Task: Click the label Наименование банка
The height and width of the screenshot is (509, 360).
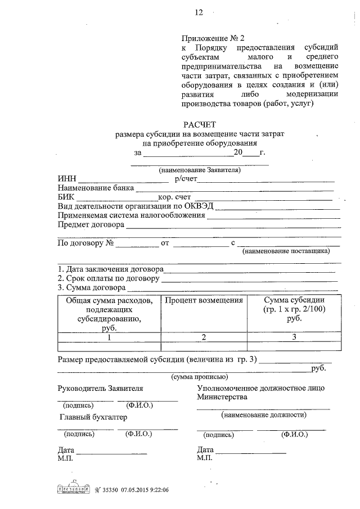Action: [96, 188]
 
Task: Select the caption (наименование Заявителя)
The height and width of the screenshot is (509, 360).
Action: [200, 169]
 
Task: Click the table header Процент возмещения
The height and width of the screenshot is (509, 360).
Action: [204, 300]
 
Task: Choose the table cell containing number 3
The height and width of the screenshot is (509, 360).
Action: [294, 337]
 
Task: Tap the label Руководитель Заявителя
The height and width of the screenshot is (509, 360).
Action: [100, 389]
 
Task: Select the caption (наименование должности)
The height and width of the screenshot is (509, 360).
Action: [263, 415]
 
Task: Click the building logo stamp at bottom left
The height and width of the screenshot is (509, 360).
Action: [73, 488]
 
